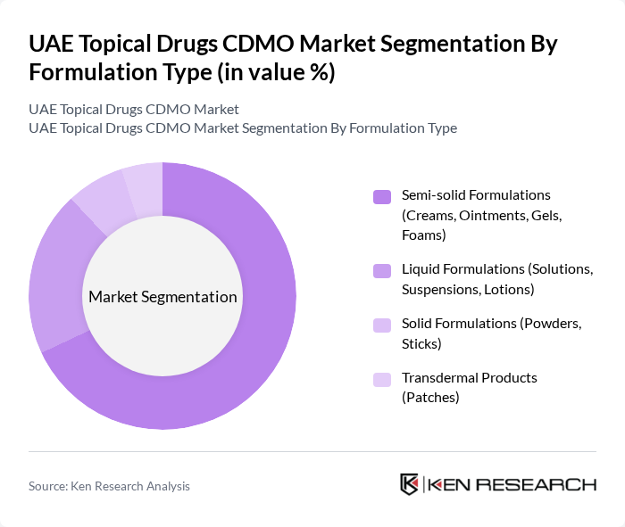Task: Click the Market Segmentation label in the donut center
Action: click(162, 297)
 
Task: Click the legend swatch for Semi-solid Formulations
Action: click(382, 196)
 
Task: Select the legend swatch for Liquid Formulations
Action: click(382, 270)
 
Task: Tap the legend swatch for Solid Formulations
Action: click(382, 325)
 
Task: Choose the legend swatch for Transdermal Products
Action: click(382, 379)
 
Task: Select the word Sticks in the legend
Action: click(421, 344)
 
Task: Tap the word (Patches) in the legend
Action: click(430, 398)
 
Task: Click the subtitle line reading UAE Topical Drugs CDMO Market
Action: click(134, 109)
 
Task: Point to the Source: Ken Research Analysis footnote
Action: click(109, 486)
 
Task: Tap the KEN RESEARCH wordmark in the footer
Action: click(512, 485)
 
